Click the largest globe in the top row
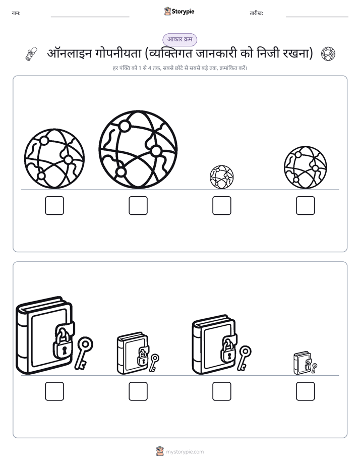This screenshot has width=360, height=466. pos(138,149)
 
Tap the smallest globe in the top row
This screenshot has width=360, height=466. pos(221,177)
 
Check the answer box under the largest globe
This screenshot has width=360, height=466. pos(138,205)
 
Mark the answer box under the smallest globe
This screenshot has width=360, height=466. pos(221,205)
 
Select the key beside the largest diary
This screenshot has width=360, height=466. pos(84,353)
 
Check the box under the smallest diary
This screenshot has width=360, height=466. pos(306,391)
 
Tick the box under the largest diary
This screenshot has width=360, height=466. pos(54,391)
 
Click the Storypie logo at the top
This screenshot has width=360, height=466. pos(179,11)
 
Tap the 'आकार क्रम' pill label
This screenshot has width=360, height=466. pos(179,39)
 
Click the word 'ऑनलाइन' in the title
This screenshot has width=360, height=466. pos(69,54)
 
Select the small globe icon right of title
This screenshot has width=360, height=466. pos(328,54)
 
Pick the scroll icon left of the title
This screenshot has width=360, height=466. pos(31,54)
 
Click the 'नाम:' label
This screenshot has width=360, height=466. pos(16,13)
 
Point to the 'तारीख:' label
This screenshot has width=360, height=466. pos(256,13)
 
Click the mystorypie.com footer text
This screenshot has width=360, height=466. pos(185,452)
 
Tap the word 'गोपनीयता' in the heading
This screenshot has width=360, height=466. pos(118,54)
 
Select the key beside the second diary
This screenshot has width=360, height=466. pos(154,363)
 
